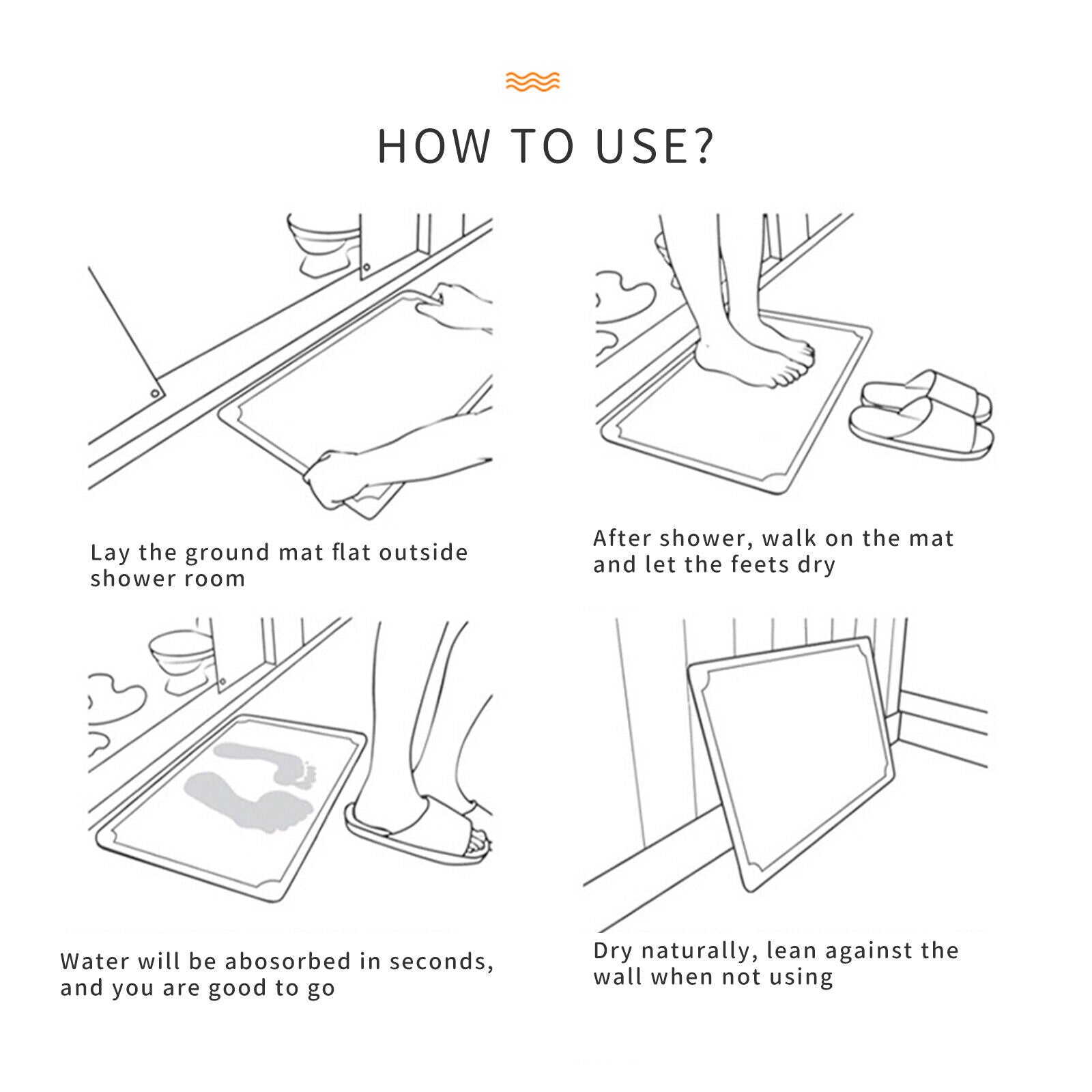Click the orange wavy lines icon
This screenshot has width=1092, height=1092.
[x=532, y=81]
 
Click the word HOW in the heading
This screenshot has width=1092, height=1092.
[x=435, y=145]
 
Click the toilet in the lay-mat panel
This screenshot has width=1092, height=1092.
[x=324, y=243]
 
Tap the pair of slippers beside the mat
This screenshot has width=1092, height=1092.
[x=921, y=414]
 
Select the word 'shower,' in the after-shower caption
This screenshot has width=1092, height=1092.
[x=707, y=538]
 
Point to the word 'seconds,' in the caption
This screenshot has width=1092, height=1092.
[x=442, y=962]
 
